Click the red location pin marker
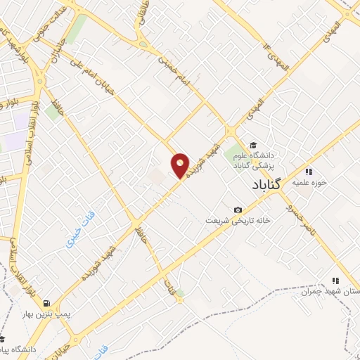(181, 166)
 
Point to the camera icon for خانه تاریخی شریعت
(238, 210)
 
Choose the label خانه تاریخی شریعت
(209, 221)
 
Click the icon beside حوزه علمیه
(308, 171)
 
